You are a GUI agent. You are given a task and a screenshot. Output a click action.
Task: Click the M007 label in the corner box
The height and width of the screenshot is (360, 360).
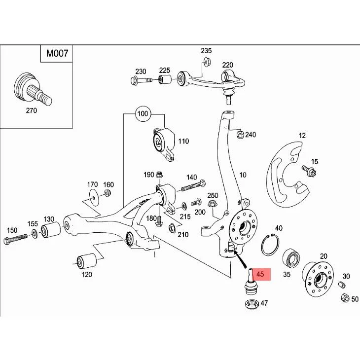click(x=57, y=53)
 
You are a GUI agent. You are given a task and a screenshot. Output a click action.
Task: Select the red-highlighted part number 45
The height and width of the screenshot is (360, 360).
click(x=260, y=274)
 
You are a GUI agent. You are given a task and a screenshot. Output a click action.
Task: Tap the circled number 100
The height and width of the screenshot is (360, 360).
click(x=143, y=113)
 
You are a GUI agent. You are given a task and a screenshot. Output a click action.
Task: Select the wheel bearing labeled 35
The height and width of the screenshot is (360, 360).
click(x=290, y=260)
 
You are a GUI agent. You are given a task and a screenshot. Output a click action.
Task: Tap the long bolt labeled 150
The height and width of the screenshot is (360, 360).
click(x=15, y=240)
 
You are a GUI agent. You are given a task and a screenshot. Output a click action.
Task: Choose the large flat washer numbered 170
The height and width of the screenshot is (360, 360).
click(x=94, y=197)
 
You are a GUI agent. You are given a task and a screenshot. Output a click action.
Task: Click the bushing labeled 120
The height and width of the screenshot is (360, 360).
click(x=87, y=261)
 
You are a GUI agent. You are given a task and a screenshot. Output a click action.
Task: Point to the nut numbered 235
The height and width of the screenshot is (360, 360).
click(x=207, y=62)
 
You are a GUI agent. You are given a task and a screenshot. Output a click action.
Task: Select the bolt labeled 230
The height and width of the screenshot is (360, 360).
click(x=141, y=80)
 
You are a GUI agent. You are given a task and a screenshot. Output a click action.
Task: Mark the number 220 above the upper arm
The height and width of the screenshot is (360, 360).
click(x=227, y=65)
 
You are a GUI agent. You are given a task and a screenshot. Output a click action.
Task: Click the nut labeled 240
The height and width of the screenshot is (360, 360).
click(x=240, y=134)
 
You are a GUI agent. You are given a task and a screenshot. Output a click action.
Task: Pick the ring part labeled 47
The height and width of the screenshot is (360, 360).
click(x=252, y=304)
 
